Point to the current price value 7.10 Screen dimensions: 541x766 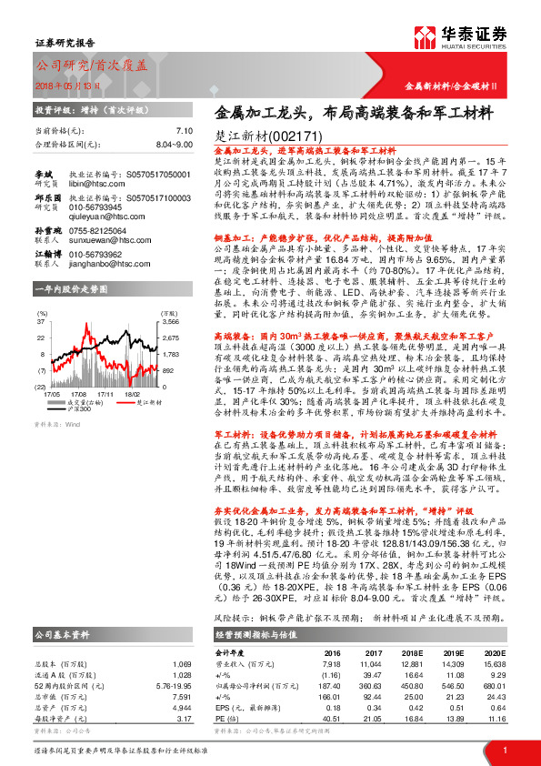pos(185,131)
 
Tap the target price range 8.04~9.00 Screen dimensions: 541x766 pos(174,144)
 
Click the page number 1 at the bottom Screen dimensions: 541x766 pos(503,750)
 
